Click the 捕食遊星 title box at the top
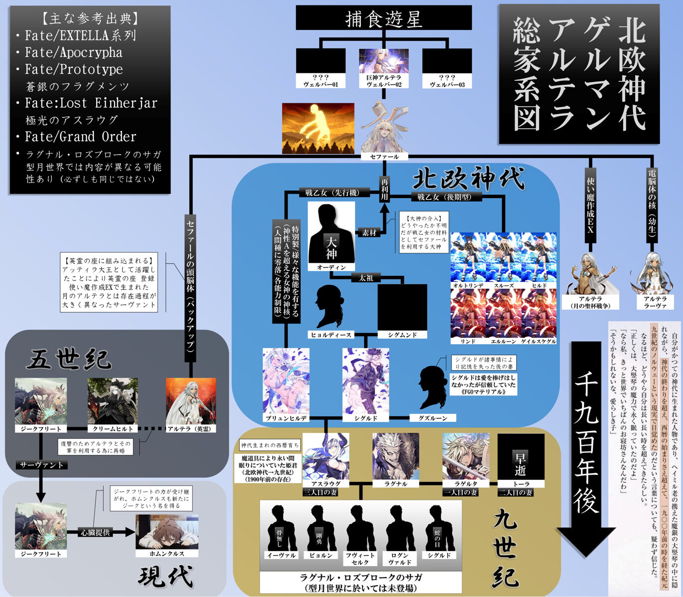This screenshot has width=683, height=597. tap(384, 18)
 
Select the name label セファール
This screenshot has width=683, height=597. tap(384, 157)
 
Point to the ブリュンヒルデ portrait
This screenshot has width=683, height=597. tap(286, 381)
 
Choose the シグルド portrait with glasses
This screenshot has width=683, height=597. tap(365, 381)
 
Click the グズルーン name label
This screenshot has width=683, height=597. tap(433, 418)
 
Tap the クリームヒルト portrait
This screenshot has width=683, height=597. tap(113, 401)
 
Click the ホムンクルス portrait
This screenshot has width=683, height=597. tap(167, 532)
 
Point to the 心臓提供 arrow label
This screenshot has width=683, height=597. tap(95, 533)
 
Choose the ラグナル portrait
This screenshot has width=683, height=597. tap(395, 456)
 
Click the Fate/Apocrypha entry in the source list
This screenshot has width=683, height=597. tap(73, 52)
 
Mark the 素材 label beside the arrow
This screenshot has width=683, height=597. tap(369, 232)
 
